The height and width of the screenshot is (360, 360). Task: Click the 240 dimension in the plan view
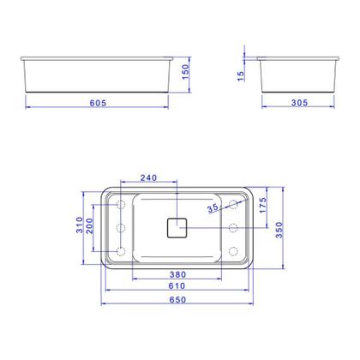pyautogui.click(x=147, y=178)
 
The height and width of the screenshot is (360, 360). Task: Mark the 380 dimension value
pyautogui.click(x=177, y=276)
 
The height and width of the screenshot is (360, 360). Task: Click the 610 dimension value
pyautogui.click(x=177, y=286)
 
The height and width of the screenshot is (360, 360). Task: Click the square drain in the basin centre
pyautogui.click(x=177, y=227)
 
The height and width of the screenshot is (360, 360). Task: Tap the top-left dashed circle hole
pyautogui.click(x=120, y=205)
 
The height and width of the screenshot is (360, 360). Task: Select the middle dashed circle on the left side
pyautogui.click(x=120, y=227)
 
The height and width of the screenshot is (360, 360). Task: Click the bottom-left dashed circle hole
pyautogui.click(x=120, y=250)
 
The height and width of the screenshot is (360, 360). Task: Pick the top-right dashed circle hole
pyautogui.click(x=233, y=204)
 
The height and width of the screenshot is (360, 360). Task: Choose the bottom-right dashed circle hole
pyautogui.click(x=233, y=250)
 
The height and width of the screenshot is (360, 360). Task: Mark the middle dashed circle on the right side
pyautogui.click(x=233, y=227)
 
